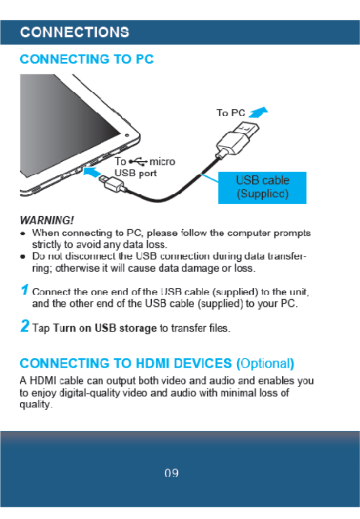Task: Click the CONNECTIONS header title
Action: click(75, 32)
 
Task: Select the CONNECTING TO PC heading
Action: click(87, 59)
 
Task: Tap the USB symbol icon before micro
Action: click(138, 162)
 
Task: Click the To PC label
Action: click(231, 113)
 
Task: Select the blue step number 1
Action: click(24, 291)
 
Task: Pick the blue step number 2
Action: click(24, 327)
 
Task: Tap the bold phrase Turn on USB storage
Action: click(107, 328)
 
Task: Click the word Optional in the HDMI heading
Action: click(266, 363)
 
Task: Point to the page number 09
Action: click(171, 473)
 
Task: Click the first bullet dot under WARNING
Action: click(23, 234)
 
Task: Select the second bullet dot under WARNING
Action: click(23, 257)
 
